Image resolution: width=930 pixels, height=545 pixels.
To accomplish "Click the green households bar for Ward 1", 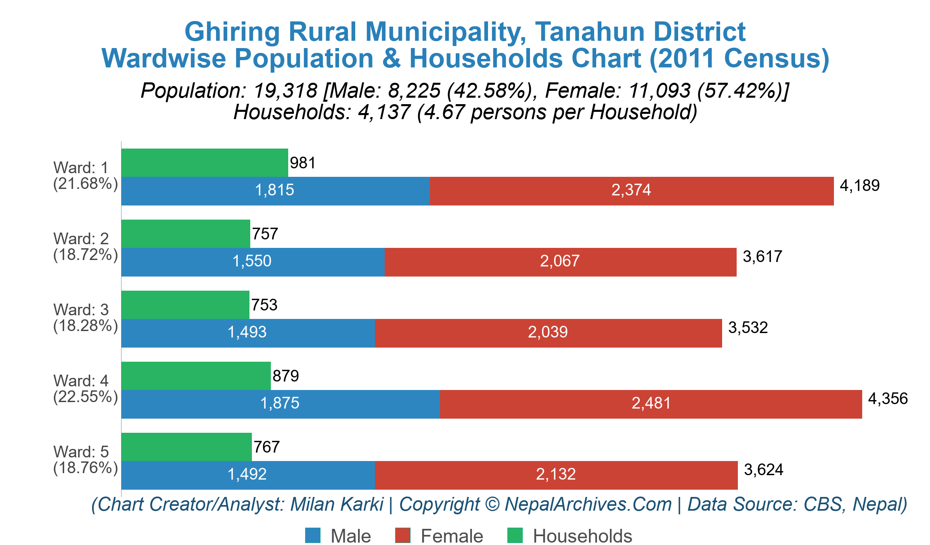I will (205, 163).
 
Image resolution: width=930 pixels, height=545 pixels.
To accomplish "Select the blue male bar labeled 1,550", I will (253, 262).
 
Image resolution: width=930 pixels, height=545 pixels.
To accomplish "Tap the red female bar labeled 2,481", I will (651, 404).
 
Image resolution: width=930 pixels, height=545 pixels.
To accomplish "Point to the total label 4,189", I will (859, 186).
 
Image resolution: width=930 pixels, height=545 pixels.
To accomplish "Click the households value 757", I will (265, 234).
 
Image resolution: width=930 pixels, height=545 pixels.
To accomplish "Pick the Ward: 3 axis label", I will (81, 310).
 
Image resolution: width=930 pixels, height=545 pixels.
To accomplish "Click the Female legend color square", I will (402, 536).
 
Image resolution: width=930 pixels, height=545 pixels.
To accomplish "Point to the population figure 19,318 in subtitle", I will (285, 90).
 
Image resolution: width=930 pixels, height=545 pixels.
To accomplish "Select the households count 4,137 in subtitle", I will (384, 112).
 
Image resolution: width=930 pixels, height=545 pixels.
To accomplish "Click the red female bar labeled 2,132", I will (556, 475).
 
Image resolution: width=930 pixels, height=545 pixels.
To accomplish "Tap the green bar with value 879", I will (196, 376).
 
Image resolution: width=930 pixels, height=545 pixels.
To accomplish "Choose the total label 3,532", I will (748, 328).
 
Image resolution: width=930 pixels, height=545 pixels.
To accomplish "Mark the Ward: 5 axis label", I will (81, 452).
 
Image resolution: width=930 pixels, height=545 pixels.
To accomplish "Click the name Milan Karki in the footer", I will (337, 505).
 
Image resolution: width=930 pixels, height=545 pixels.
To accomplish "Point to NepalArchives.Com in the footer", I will (588, 505).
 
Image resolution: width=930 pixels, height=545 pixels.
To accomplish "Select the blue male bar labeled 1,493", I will (248, 333).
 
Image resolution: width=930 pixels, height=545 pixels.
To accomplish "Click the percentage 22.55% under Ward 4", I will (86, 397).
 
